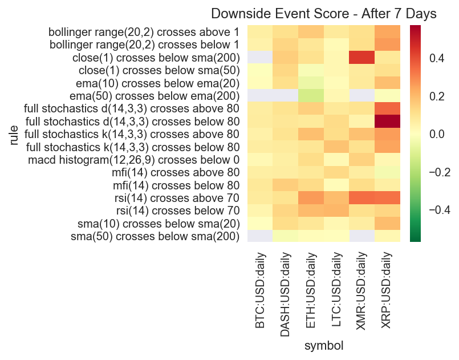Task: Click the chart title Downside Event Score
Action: click(x=324, y=14)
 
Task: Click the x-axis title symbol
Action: click(x=323, y=345)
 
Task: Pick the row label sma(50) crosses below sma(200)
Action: click(x=155, y=236)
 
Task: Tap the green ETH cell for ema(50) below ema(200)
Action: click(x=311, y=95)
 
